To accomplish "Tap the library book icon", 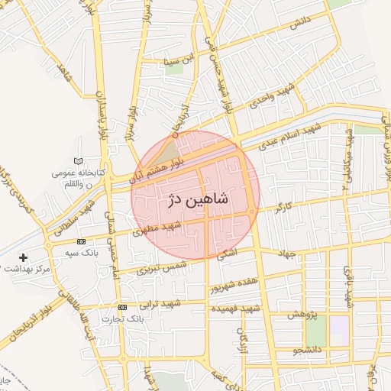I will click(x=77, y=161).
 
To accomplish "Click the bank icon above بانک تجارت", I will click(x=123, y=306).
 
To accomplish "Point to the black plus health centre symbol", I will click(x=23, y=257).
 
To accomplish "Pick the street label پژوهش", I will click(x=302, y=314).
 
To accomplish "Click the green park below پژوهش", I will click(x=315, y=330).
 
